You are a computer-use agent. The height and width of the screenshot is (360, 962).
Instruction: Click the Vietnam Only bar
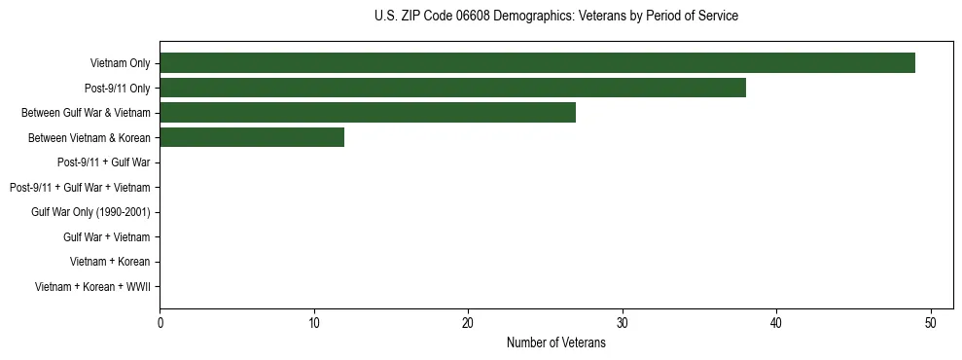pyautogui.click(x=537, y=63)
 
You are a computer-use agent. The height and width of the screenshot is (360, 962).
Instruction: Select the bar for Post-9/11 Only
pyautogui.click(x=452, y=88)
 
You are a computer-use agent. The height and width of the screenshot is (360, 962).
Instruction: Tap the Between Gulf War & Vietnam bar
pyautogui.click(x=368, y=113)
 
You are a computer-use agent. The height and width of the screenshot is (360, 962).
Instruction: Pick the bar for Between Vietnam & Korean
pyautogui.click(x=252, y=137)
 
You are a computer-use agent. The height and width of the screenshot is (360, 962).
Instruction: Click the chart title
pyautogui.click(x=555, y=17)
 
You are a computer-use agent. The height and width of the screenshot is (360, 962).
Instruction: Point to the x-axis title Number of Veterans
pyautogui.click(x=555, y=342)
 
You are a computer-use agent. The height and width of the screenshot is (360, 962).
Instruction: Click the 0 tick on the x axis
pyautogui.click(x=160, y=323)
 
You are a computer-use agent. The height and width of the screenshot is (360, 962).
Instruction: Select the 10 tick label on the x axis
pyautogui.click(x=313, y=323)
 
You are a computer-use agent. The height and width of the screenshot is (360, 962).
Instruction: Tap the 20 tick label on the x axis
pyautogui.click(x=468, y=323)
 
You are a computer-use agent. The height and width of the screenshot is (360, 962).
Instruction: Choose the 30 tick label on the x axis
pyautogui.click(x=623, y=323)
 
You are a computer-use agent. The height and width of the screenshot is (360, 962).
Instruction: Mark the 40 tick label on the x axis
pyautogui.click(x=776, y=323)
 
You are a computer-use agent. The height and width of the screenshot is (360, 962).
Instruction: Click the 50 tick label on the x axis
pyautogui.click(x=931, y=323)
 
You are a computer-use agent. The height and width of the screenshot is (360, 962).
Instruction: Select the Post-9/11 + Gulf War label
pyautogui.click(x=103, y=162)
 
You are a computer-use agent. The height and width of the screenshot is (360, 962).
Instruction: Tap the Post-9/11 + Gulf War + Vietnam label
pyautogui.click(x=80, y=187)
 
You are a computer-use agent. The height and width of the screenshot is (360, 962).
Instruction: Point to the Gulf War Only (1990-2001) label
pyautogui.click(x=90, y=212)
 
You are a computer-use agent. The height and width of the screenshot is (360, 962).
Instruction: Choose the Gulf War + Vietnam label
pyautogui.click(x=106, y=236)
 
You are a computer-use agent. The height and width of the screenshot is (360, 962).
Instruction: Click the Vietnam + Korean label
pyautogui.click(x=110, y=262)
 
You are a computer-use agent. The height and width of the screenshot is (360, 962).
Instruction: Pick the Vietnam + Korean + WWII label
pyautogui.click(x=92, y=286)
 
